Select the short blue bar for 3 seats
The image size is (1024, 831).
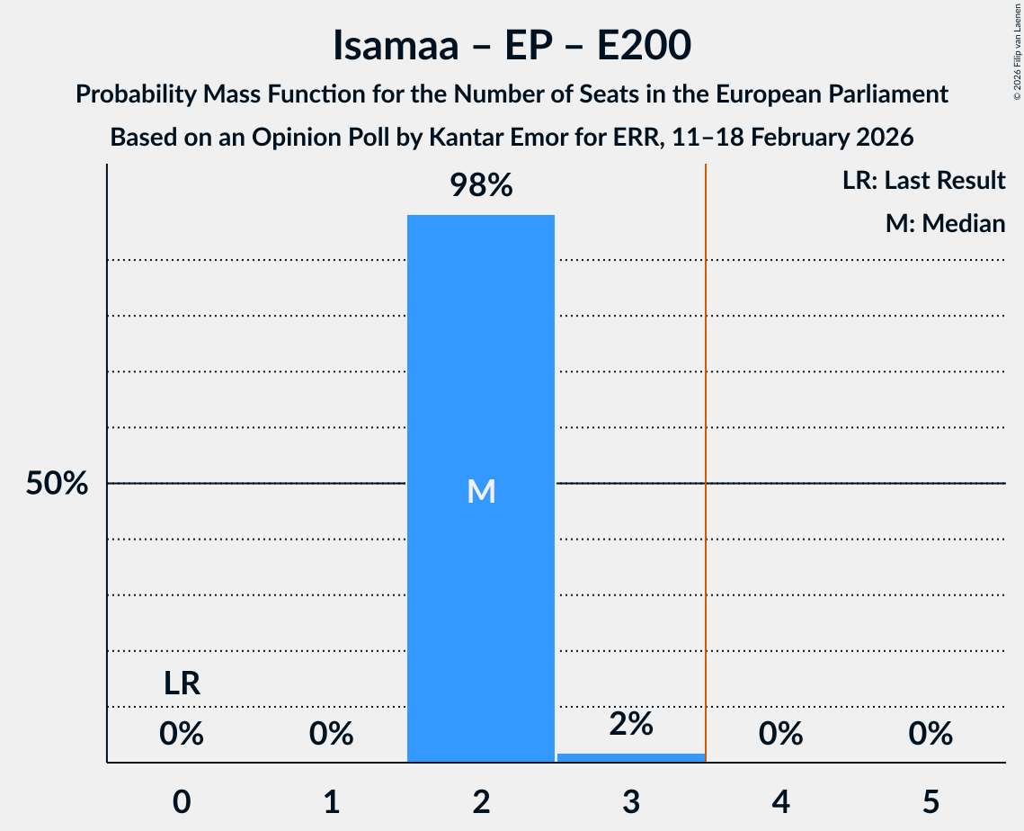click(630, 758)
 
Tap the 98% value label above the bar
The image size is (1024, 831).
click(481, 186)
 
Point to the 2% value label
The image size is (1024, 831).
click(630, 724)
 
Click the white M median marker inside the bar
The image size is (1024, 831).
click(481, 491)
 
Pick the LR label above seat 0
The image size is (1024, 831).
click(182, 684)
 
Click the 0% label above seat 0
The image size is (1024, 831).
click(182, 734)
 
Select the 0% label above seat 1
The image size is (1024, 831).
click(331, 734)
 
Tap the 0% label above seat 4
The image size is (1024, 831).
click(780, 734)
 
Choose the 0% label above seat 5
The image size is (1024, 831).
click(930, 734)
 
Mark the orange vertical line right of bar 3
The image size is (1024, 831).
click(706, 450)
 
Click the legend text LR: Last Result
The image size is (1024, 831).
click(924, 181)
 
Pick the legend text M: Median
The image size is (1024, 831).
click(945, 223)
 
